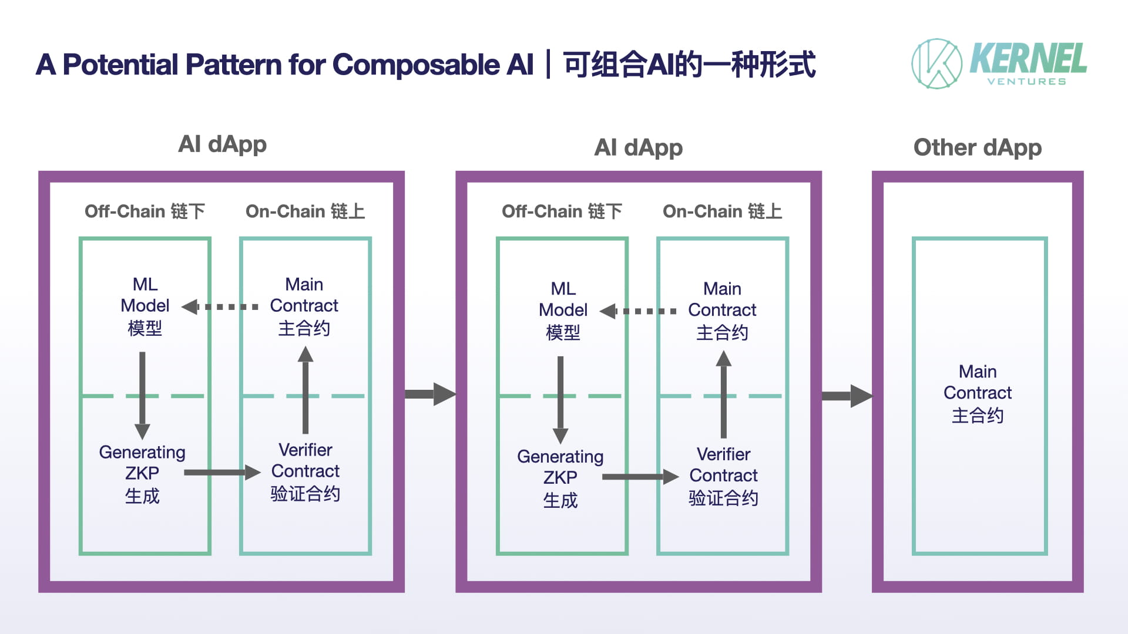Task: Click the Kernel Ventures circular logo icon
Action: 936,63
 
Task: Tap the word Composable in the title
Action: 416,65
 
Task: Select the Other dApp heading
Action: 978,148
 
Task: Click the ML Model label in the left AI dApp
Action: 145,306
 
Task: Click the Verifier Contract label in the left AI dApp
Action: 305,471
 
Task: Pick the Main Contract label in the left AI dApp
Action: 304,306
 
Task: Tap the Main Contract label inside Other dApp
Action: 978,393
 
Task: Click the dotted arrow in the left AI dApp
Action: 220,306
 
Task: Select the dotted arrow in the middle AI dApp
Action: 638,311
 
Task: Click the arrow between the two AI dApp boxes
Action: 430,394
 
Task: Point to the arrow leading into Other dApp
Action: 847,396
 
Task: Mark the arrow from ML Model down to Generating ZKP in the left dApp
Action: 142,396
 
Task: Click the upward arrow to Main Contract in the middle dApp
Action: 724,394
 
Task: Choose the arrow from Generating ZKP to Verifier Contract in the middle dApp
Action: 640,477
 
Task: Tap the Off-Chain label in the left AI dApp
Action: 145,211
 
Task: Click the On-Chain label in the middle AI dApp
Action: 723,211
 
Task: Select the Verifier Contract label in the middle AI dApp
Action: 724,476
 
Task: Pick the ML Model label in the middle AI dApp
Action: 563,311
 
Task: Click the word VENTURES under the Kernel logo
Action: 1026,82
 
